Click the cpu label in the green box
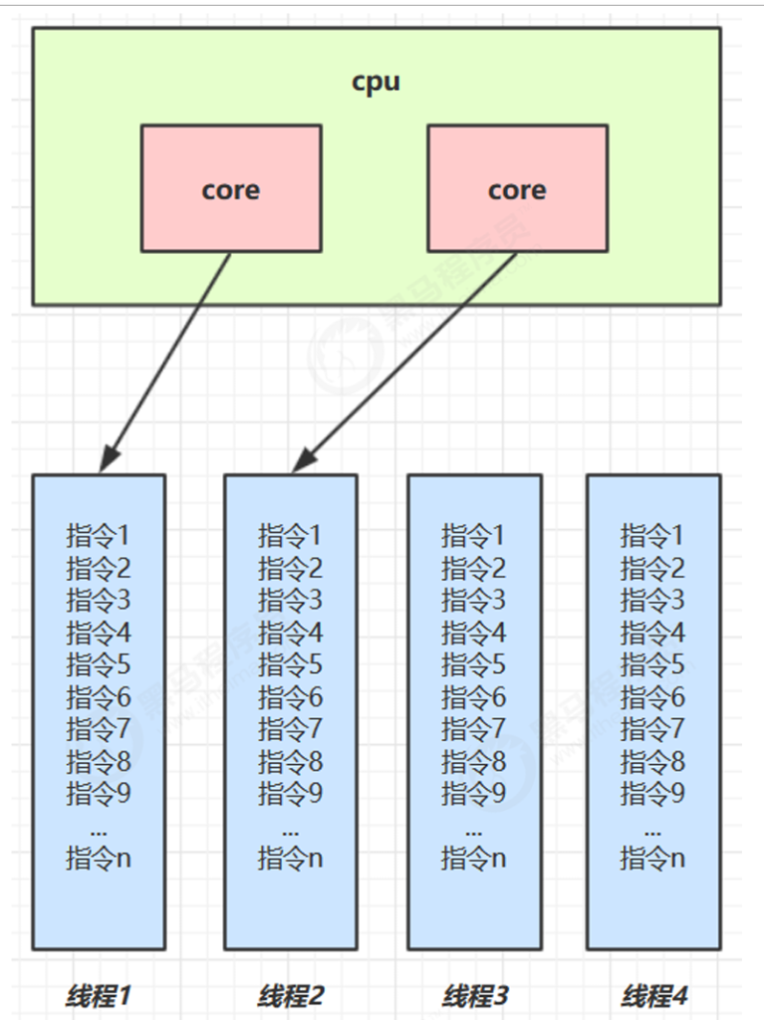[x=377, y=82]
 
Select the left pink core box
[x=231, y=188]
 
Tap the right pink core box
[x=517, y=188]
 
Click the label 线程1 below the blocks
[x=99, y=995]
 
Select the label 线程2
[x=291, y=995]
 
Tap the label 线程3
[x=474, y=995]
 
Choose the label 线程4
[x=653, y=995]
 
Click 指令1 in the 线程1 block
[x=99, y=536]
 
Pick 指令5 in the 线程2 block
[x=291, y=664]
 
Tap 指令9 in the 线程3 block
[x=474, y=794]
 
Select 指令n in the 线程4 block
[x=653, y=858]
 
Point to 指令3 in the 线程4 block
[x=653, y=601]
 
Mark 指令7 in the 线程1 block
[x=99, y=729]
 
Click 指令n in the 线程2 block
[x=291, y=858]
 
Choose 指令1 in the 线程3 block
[x=474, y=536]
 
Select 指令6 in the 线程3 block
[x=474, y=697]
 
